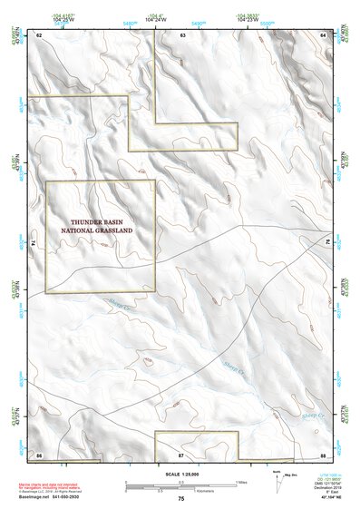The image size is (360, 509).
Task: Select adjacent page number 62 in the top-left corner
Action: click(38, 34)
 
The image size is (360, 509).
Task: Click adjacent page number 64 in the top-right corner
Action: click(324, 34)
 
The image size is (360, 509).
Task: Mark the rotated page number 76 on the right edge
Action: click(328, 243)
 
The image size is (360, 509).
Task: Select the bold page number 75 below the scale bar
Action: click(181, 499)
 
